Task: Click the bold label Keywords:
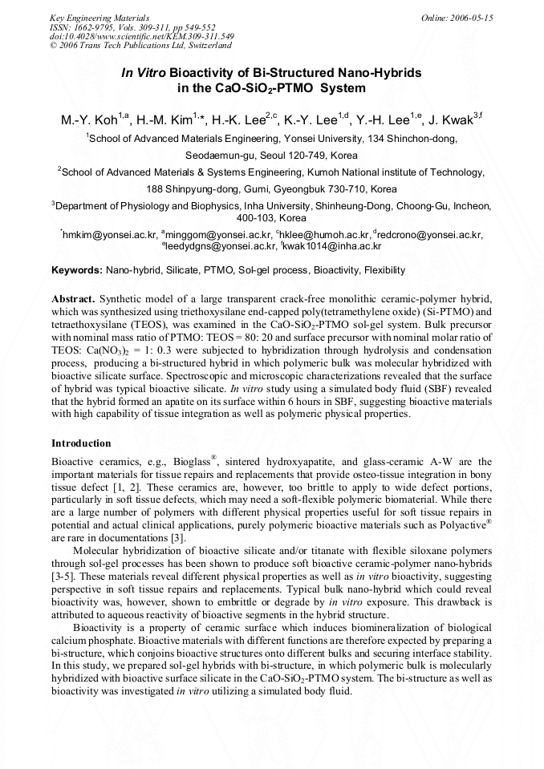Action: pos(76,271)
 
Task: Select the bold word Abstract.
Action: pos(73,297)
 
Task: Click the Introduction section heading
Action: pos(81,443)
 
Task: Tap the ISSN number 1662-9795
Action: pos(85,26)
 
